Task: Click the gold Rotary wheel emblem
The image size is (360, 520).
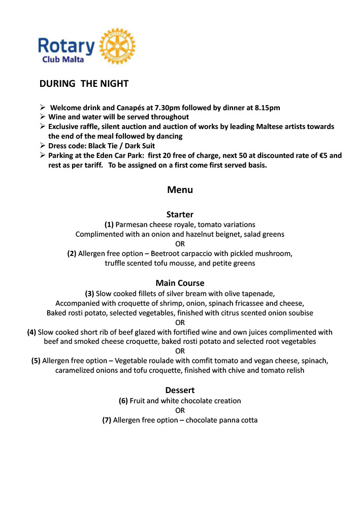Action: [117, 46]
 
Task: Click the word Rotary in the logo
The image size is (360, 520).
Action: [66, 46]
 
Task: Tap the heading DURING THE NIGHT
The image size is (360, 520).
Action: [84, 84]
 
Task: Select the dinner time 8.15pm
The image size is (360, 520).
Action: [265, 108]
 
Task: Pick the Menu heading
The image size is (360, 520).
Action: [180, 190]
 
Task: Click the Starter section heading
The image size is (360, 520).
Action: [180, 214]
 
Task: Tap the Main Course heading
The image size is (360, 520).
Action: [180, 283]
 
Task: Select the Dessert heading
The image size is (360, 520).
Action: [180, 390]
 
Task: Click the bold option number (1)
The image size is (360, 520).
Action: [109, 224]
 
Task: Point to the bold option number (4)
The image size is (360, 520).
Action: [31, 332]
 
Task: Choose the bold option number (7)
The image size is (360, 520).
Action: [107, 420]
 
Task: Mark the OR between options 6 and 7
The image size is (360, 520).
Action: [180, 410]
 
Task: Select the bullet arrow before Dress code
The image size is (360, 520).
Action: [43, 146]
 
